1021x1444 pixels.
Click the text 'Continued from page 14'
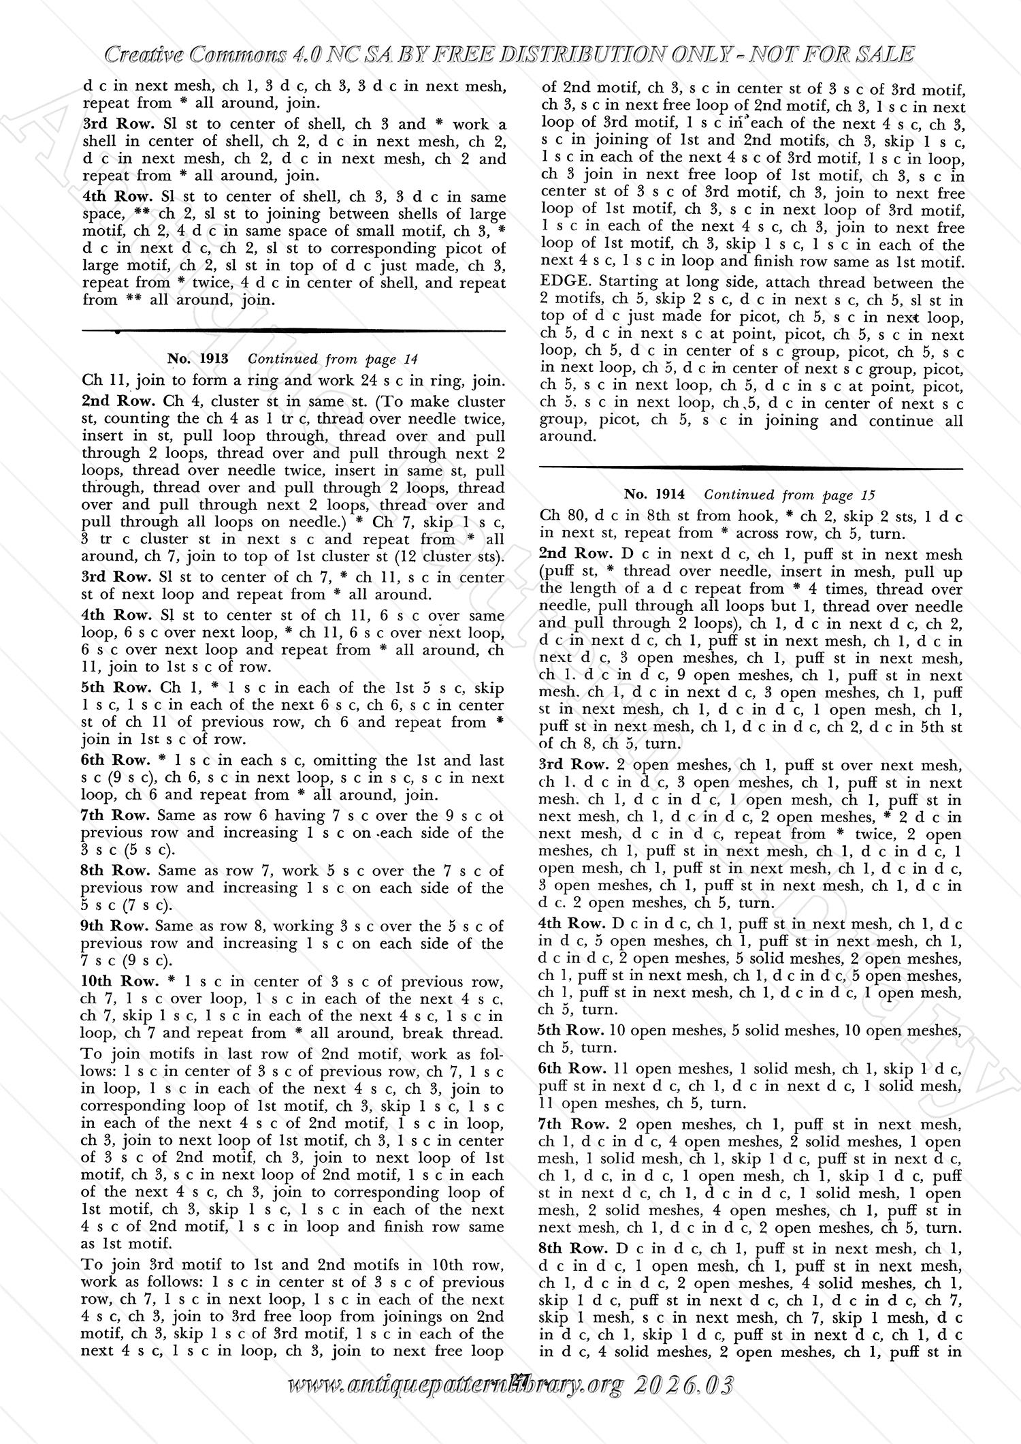point(333,359)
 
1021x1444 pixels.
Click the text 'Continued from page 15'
point(790,495)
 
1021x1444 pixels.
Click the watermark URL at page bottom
point(510,1420)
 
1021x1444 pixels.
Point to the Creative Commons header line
point(510,54)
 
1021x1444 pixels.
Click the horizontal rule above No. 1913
point(293,331)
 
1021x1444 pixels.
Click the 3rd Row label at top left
point(109,124)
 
